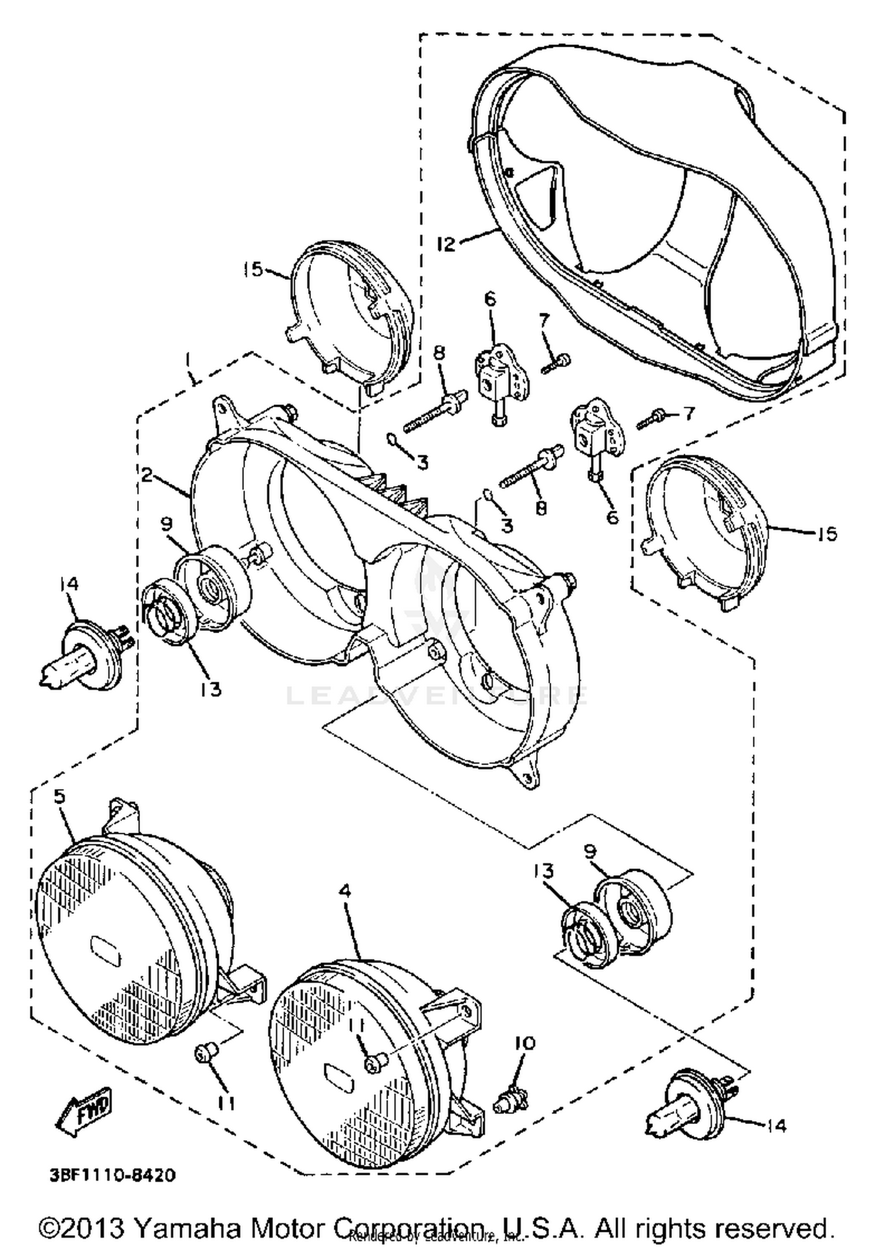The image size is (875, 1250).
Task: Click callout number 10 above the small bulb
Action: pos(524,1043)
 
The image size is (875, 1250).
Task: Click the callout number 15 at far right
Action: pos(827,533)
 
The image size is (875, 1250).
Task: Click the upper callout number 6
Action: pos(490,300)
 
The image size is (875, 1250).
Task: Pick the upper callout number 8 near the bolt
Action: pos(439,353)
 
